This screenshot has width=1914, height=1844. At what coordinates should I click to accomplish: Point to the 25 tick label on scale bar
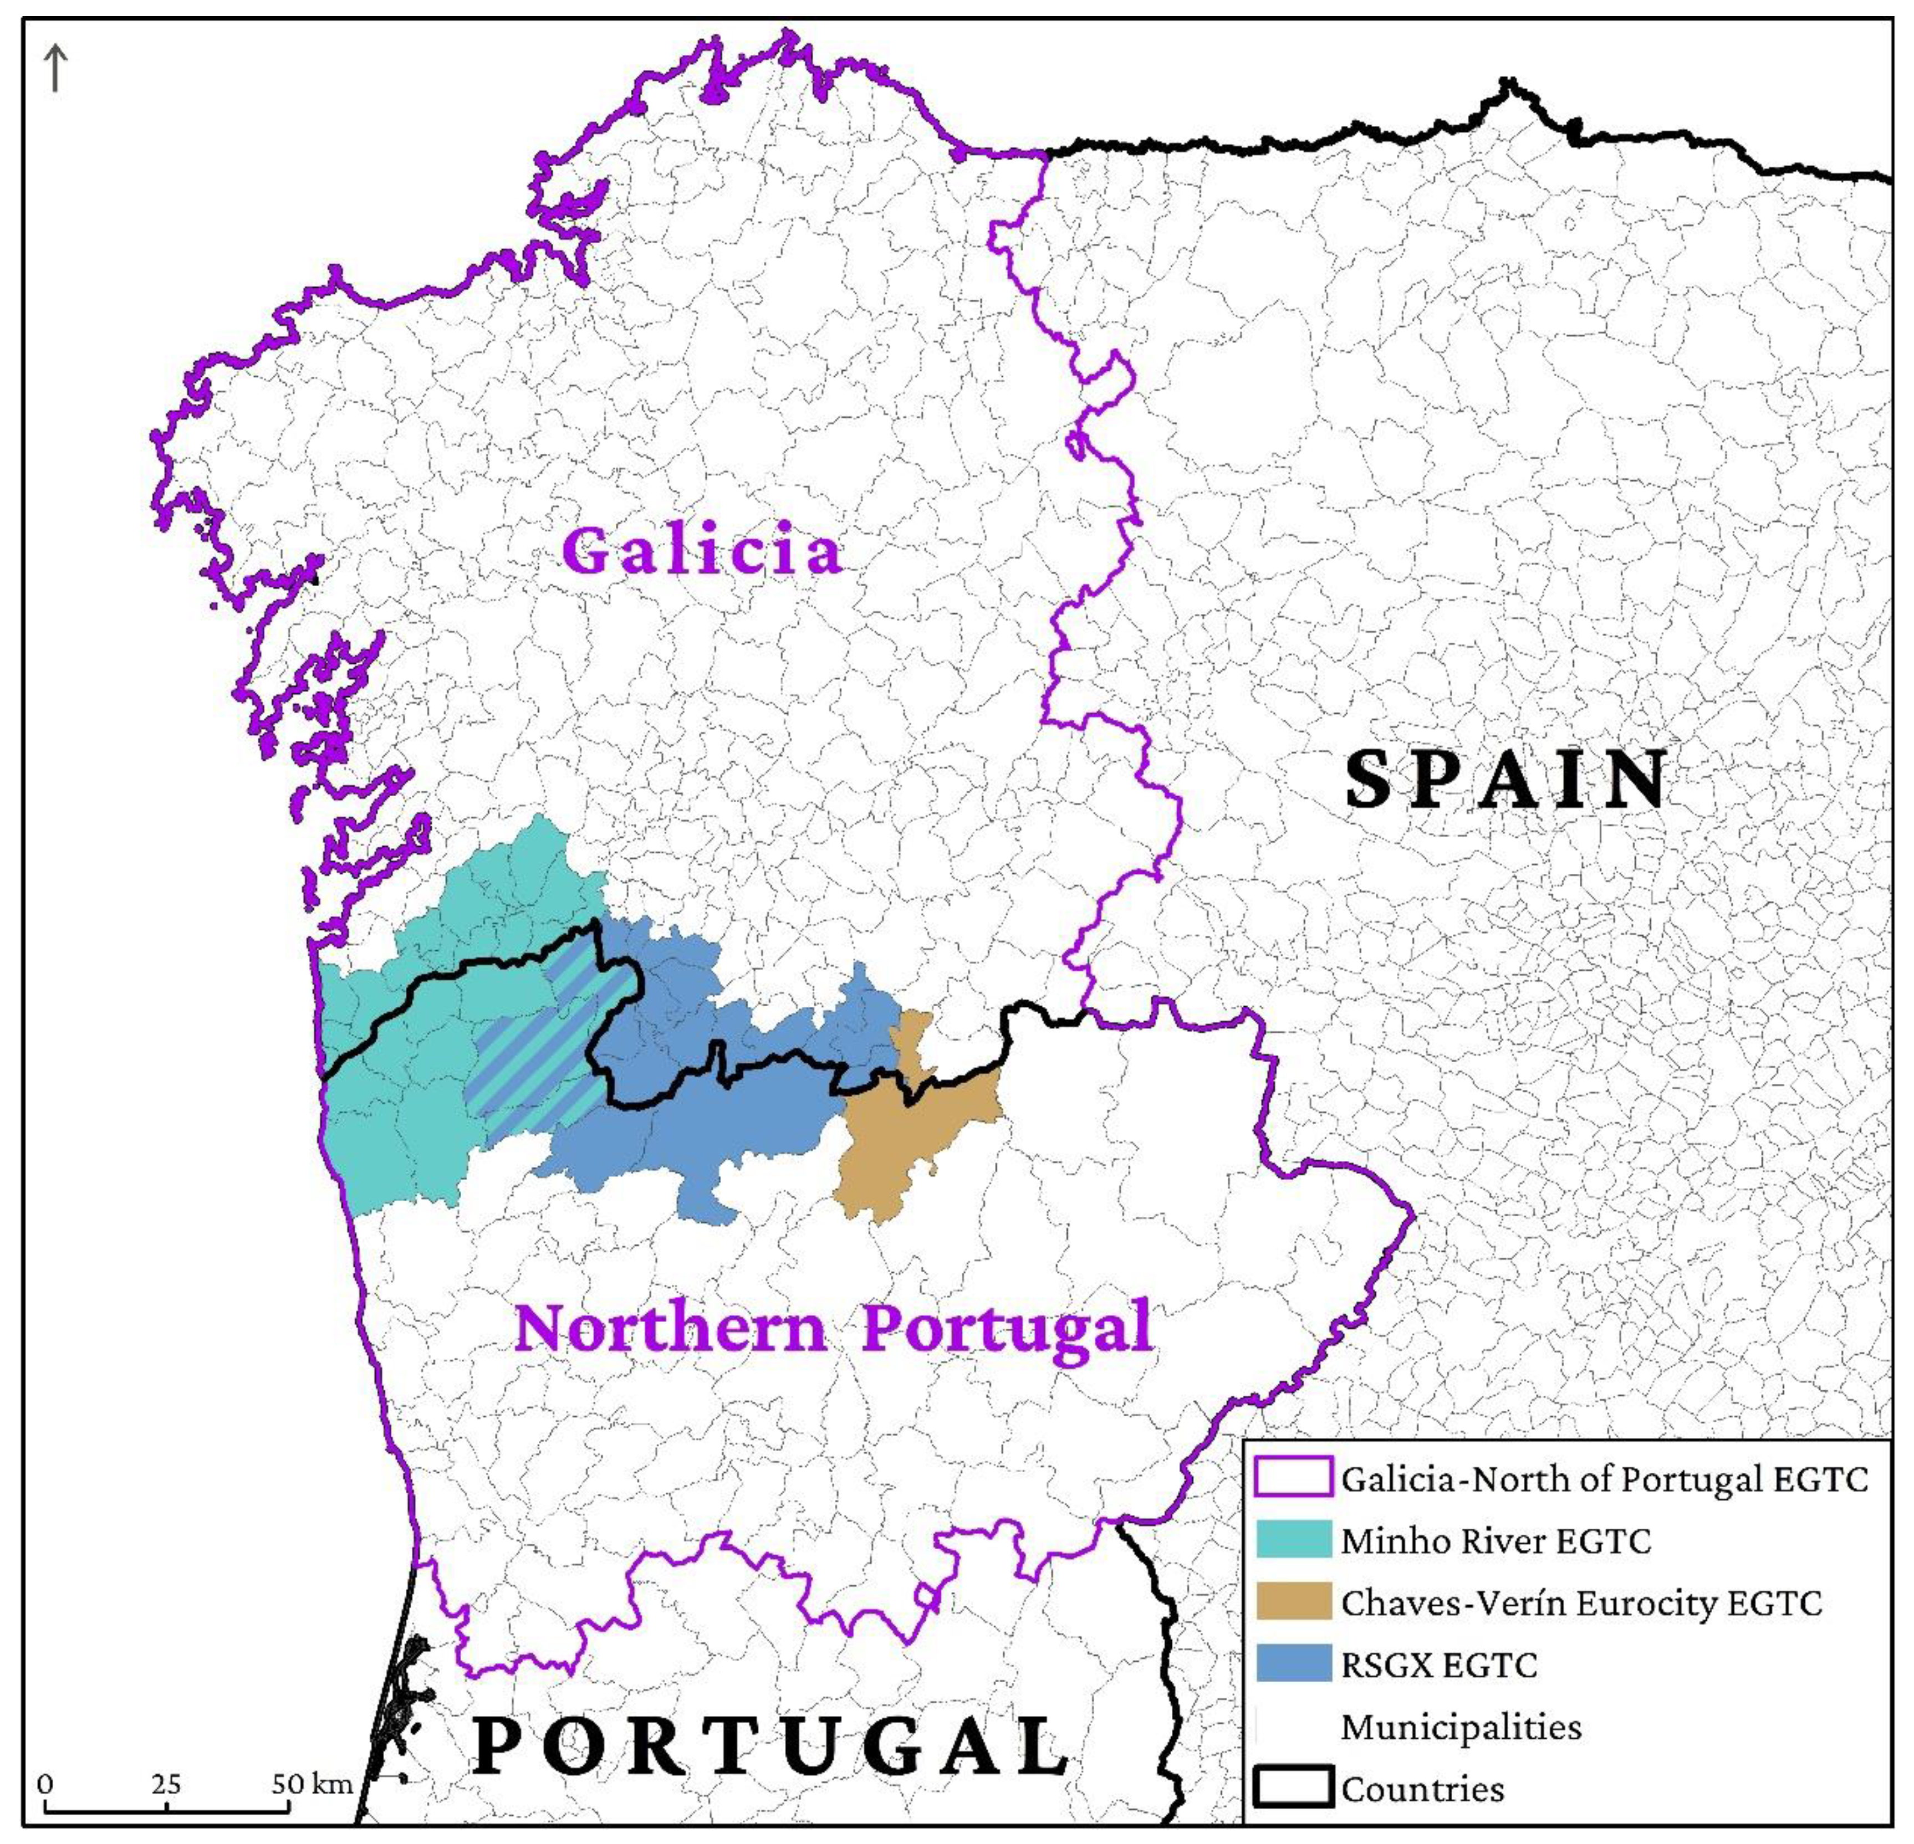[166, 1784]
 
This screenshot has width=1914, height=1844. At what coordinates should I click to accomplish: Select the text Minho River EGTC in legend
[1495, 1540]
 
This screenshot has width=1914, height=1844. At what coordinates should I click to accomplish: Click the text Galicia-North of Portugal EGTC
[1604, 1478]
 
